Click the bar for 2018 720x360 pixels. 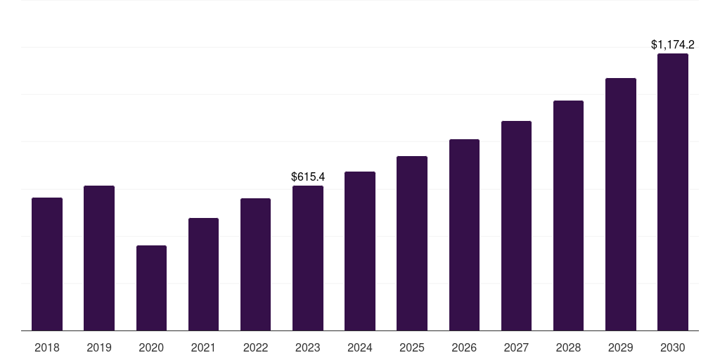47,264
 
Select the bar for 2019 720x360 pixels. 99,258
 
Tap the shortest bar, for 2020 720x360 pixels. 152,288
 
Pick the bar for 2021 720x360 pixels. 203,274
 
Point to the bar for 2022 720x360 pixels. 255,264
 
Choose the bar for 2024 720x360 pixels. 360,251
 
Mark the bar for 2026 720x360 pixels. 464,235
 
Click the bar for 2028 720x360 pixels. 568,215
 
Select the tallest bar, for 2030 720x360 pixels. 673,192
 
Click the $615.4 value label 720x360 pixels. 308,176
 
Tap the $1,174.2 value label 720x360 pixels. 673,44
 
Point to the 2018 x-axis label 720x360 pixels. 47,347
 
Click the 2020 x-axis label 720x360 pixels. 151,347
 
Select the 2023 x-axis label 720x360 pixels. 308,347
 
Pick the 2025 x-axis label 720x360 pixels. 412,347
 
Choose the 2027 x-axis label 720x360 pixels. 516,347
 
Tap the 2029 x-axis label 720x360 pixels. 620,347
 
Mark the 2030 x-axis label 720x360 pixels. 673,347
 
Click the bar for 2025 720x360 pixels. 412,243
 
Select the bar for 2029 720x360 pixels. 621,205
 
